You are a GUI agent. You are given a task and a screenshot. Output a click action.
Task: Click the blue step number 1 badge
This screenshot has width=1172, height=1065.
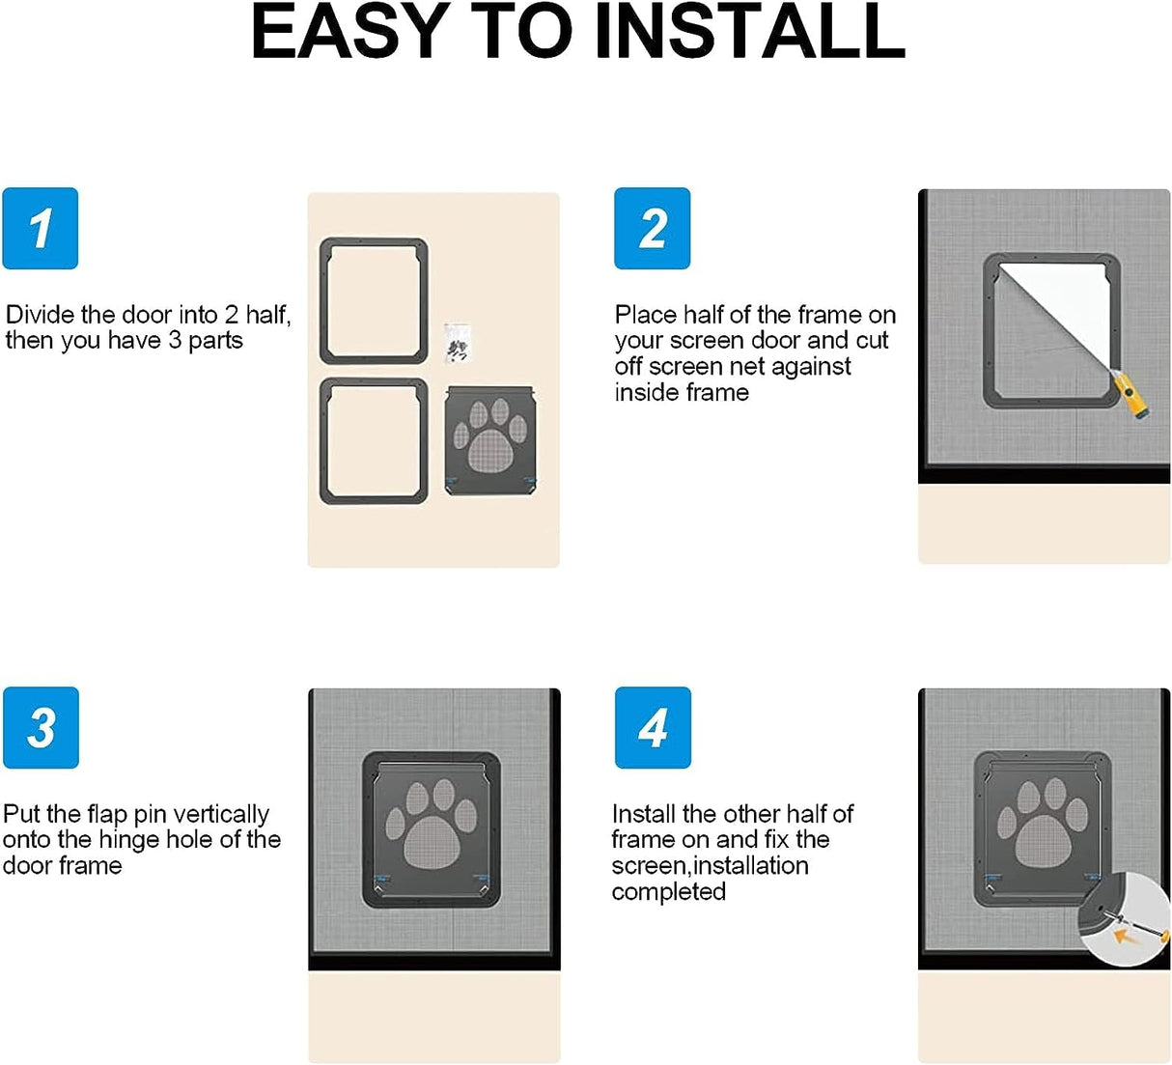[x=40, y=229]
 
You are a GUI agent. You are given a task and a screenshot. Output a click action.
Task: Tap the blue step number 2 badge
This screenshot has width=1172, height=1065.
[x=652, y=229]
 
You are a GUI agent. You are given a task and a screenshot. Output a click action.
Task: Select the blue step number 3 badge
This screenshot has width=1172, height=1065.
[x=41, y=728]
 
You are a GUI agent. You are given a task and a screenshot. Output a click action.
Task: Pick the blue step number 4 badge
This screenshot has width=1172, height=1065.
[x=653, y=728]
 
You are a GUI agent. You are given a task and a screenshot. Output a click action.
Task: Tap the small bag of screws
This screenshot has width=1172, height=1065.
[x=456, y=344]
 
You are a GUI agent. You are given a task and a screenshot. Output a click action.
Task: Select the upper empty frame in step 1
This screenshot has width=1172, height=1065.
[x=374, y=301]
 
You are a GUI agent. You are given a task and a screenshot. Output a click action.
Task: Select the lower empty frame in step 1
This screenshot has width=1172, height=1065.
[x=374, y=441]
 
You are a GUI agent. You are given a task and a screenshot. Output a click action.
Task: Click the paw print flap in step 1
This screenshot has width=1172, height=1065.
[x=490, y=440]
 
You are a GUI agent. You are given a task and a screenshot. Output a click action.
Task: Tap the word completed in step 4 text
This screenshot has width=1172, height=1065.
[x=668, y=891]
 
